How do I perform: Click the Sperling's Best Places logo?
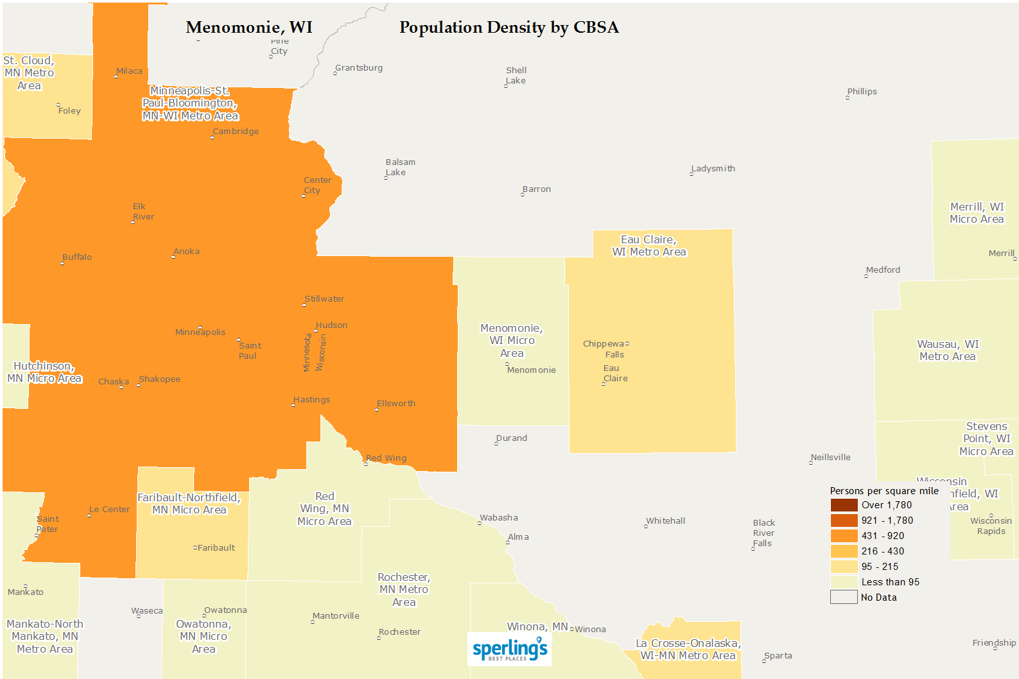[510, 649]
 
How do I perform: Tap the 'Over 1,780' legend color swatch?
[844, 505]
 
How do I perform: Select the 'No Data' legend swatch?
[844, 597]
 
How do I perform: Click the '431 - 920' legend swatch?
[844, 536]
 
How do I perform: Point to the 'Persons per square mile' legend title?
[884, 491]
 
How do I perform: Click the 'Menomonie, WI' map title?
[249, 28]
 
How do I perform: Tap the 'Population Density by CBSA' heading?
[509, 28]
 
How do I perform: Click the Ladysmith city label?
[713, 169]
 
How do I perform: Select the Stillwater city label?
[324, 299]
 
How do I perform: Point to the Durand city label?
[512, 438]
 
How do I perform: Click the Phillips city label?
[862, 92]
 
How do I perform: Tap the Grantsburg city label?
[359, 68]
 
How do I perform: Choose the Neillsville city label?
[830, 458]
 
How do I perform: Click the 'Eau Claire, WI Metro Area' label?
[649, 246]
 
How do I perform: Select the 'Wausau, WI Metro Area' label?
[948, 350]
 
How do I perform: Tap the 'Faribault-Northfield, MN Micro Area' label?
[189, 504]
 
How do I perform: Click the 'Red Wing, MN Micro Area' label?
[324, 509]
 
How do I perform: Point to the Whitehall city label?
[666, 521]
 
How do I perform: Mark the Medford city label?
[883, 270]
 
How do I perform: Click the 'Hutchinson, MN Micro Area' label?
[44, 372]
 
